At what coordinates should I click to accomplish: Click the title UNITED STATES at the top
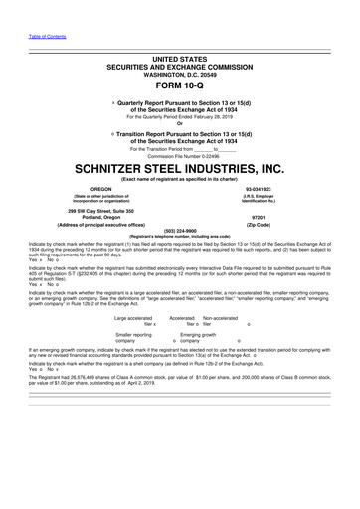pos(180,55)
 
